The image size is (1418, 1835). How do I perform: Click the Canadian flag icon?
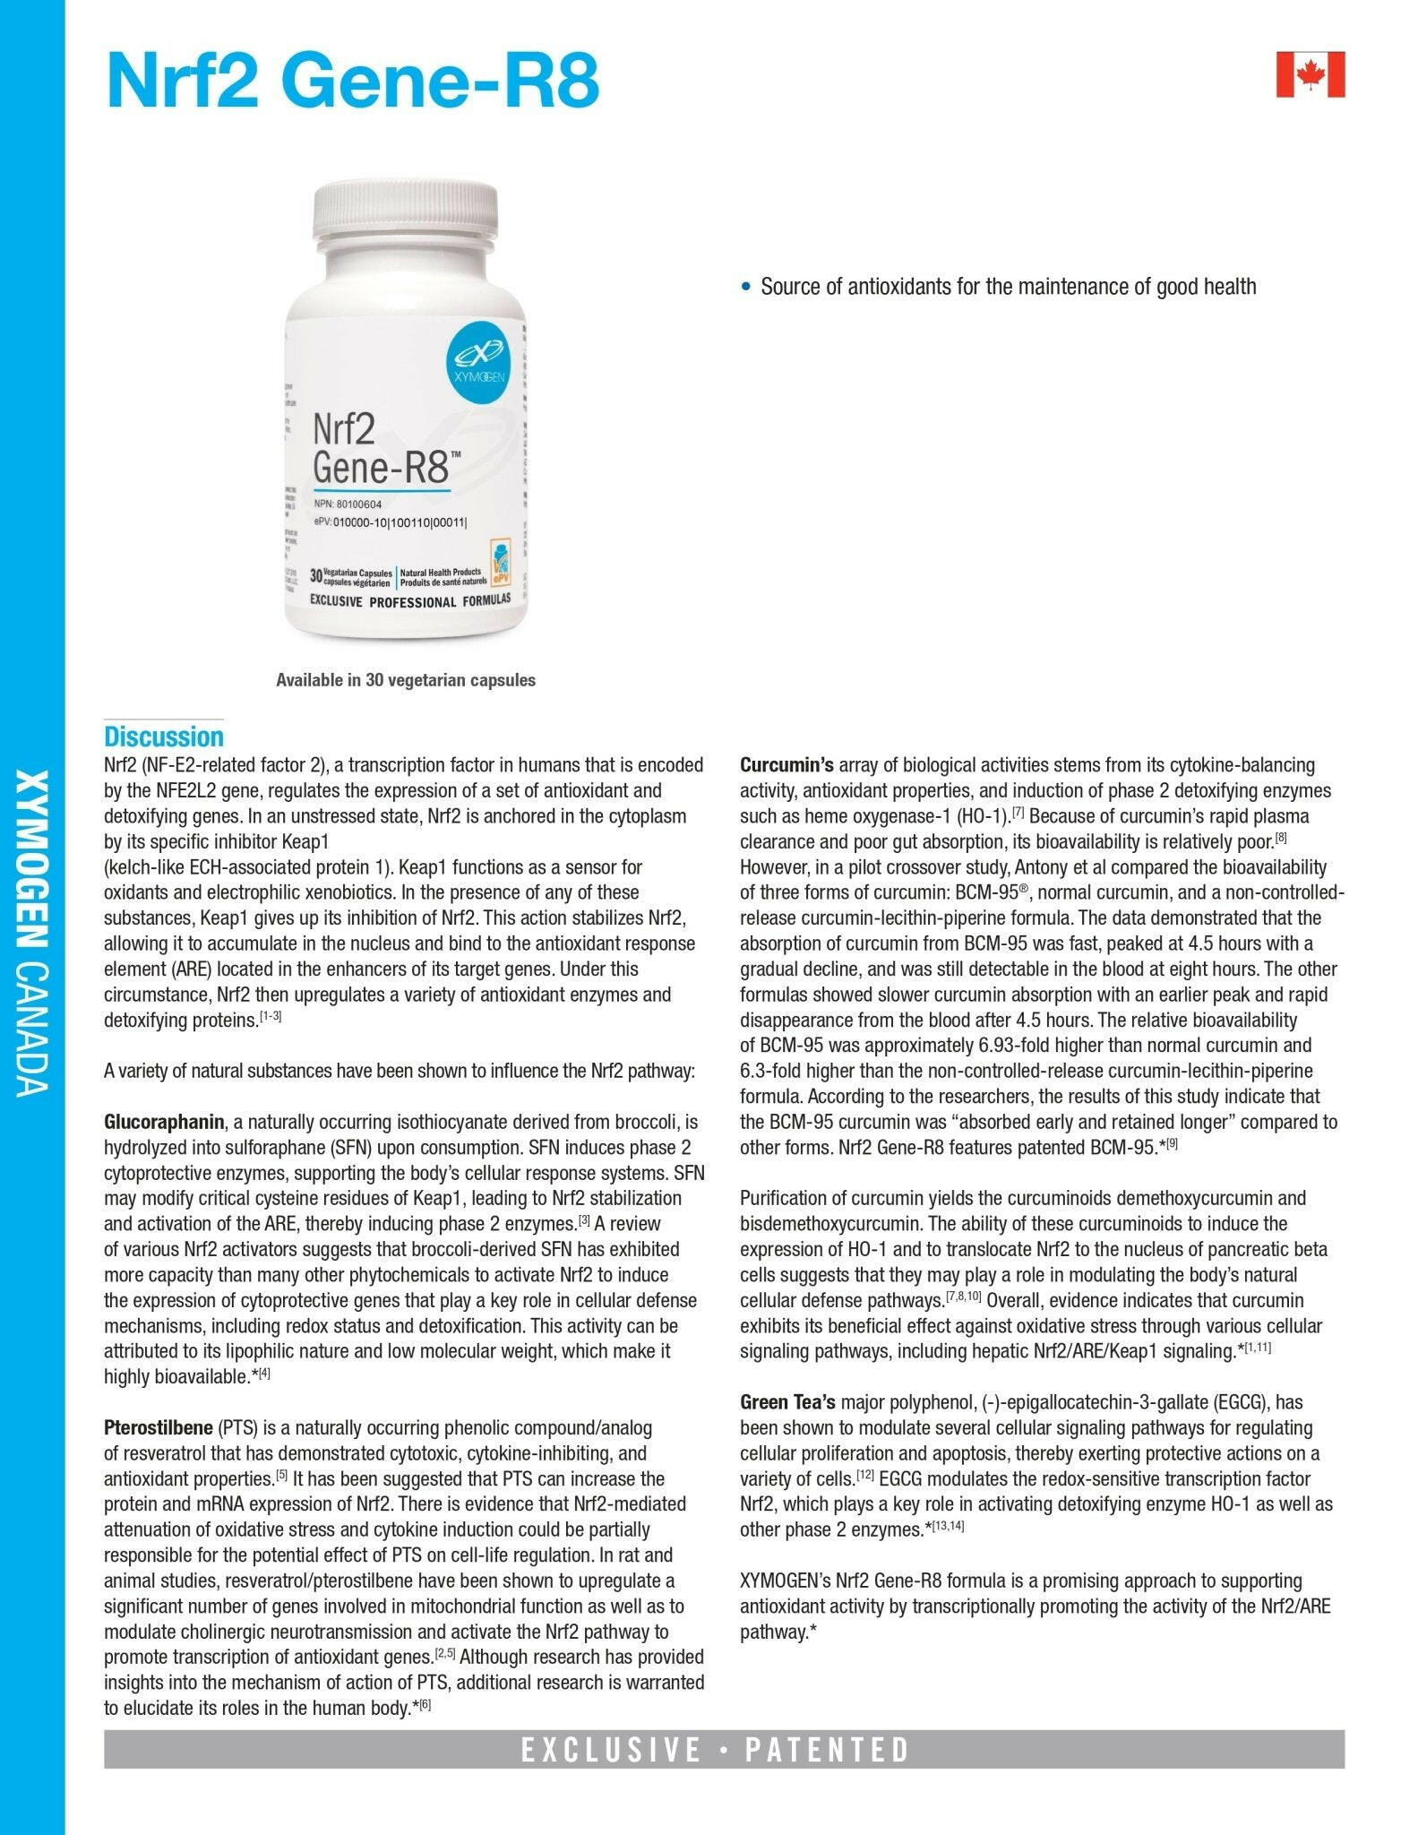[x=1310, y=74]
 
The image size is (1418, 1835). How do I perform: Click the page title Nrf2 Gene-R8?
[x=352, y=82]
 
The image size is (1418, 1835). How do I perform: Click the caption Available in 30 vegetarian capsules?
[x=405, y=680]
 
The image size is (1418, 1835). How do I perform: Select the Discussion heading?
[x=164, y=737]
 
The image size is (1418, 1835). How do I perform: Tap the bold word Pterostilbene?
[x=158, y=1427]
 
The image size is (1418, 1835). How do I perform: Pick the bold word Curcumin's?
[x=786, y=765]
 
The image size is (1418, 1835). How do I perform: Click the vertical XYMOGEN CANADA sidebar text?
[x=32, y=932]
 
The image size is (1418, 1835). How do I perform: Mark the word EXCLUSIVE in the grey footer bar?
[x=611, y=1750]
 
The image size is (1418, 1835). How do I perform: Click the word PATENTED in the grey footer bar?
[x=827, y=1750]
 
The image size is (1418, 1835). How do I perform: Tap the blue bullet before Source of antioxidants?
[x=745, y=288]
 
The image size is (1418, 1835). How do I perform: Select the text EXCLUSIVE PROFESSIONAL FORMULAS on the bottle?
[x=409, y=600]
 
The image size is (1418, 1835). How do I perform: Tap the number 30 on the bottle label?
[x=316, y=574]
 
